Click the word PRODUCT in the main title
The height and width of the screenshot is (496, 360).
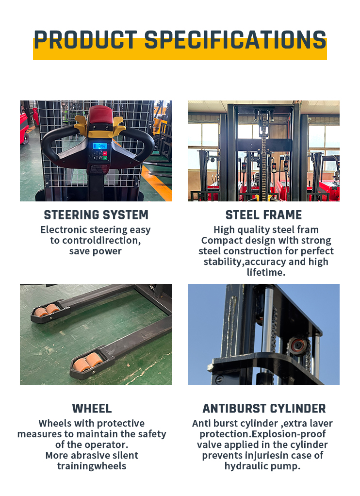85,40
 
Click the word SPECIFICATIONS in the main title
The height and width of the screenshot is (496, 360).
235,40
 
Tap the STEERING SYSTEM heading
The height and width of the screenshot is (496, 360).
96,215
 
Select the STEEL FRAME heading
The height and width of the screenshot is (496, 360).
263,215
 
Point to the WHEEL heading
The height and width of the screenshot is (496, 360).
92,408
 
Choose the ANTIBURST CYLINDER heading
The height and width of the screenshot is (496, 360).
264,408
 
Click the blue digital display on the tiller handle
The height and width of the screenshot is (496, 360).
100,146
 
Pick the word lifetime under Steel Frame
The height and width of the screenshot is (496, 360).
266,272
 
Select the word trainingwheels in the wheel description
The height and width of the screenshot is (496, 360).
92,466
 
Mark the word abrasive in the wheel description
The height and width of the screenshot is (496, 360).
92,455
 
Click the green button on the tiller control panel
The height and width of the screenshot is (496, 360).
105,157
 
